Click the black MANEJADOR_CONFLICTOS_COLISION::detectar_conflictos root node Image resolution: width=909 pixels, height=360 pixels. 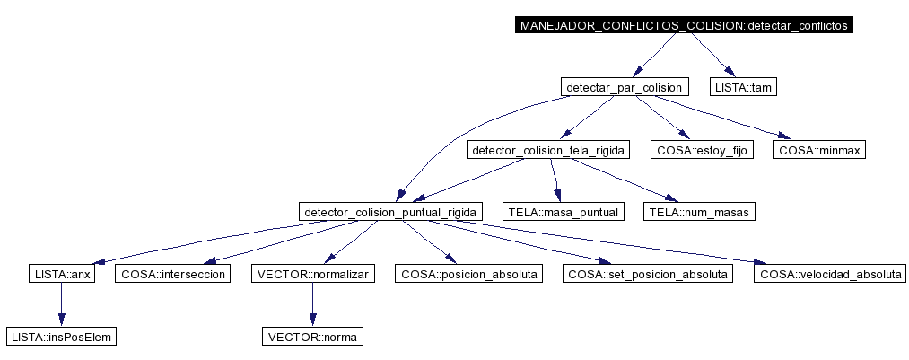coord(684,25)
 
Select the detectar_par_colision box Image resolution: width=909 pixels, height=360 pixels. coord(625,88)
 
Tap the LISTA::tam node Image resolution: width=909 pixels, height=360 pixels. coord(743,88)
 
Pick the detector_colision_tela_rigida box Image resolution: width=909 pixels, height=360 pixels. coord(548,151)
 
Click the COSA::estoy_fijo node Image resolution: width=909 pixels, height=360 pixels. coord(702,151)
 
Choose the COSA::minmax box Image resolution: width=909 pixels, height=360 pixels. coord(819,151)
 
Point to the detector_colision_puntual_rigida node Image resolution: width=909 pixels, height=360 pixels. coord(390,212)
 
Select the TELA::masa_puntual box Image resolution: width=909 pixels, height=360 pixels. coord(564,212)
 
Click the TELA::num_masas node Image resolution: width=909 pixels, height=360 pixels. coord(699,212)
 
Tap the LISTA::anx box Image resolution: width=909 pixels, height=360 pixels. coord(61,274)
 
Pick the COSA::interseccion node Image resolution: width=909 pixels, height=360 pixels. coord(173,274)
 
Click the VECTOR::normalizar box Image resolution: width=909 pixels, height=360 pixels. coord(312,274)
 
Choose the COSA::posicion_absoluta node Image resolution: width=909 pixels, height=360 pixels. coord(468,274)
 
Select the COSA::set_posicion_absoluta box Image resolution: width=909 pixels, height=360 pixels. coord(648,274)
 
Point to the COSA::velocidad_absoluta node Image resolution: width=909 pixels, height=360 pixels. coord(829,274)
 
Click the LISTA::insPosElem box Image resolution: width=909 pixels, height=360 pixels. coord(61,337)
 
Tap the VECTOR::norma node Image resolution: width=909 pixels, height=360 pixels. coord(312,337)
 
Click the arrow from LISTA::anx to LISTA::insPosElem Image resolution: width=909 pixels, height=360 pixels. coord(61,305)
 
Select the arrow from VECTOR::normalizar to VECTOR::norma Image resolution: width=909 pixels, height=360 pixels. coord(312,305)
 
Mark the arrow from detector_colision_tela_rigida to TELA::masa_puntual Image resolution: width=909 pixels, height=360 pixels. coord(555,181)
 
